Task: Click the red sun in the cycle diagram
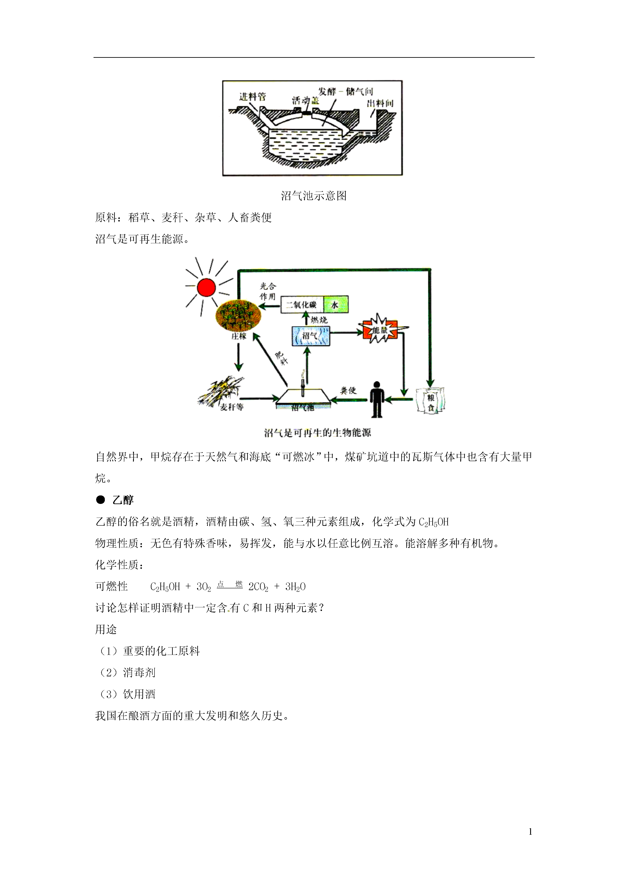206,287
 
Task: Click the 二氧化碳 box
302,304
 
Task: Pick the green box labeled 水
335,304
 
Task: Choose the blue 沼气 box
311,336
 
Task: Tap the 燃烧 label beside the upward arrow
319,320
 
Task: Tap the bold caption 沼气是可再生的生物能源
317,432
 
